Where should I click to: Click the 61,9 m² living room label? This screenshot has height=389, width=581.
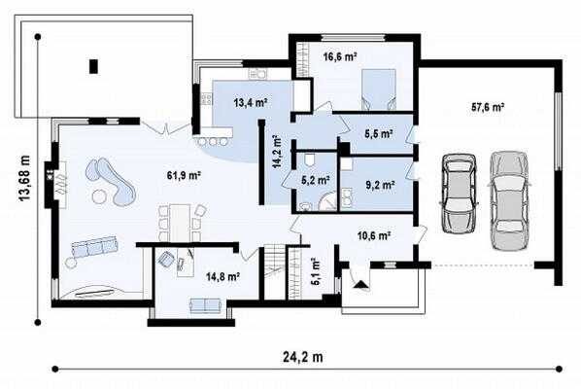point(184,175)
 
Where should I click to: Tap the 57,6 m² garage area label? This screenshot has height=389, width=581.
point(488,107)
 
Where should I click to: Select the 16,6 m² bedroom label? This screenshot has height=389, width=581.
point(340,56)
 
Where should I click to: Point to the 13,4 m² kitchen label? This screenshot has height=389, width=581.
point(251,102)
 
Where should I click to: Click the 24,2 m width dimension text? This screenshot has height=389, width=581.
point(303,357)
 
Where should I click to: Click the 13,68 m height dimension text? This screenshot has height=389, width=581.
point(24,178)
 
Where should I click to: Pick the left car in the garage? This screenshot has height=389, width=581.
point(459,193)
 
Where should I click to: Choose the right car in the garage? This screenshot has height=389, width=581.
point(510,200)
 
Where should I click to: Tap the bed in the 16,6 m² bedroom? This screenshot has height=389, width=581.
point(378,89)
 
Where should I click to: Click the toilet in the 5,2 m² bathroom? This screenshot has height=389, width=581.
point(311,160)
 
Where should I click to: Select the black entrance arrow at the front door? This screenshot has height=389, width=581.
point(361,284)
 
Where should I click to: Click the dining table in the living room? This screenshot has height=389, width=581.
point(180,224)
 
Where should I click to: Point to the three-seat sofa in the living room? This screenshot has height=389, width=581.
point(94,247)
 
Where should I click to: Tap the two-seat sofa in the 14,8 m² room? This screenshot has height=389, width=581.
point(206,305)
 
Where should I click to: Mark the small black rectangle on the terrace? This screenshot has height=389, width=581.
point(93,66)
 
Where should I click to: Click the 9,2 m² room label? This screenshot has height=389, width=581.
point(380,185)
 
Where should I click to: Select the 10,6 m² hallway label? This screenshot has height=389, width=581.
point(374,235)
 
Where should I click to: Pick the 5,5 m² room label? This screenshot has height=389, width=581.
point(379,134)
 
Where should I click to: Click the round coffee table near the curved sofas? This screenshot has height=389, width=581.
point(99,196)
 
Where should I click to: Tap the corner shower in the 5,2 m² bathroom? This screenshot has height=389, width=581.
point(328,202)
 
